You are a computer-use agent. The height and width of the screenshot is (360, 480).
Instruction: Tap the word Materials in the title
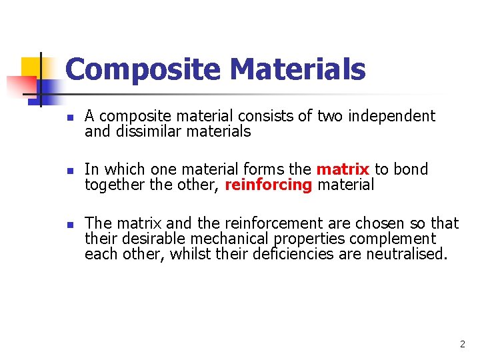tap(297, 69)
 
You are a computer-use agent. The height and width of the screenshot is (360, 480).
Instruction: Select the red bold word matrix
tap(343, 169)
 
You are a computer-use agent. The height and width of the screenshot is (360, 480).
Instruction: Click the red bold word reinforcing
tap(269, 185)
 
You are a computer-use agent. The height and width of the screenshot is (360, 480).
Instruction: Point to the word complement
tap(396, 238)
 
